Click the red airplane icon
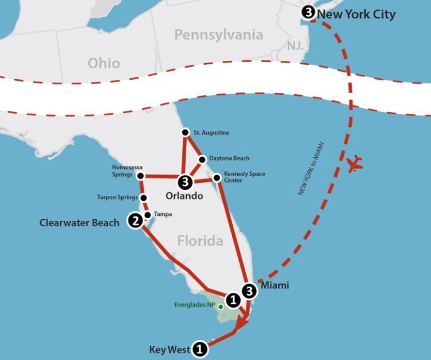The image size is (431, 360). (356, 163)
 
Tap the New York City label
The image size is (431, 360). (356, 14)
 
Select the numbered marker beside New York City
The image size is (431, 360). (309, 12)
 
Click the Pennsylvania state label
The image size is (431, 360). (219, 35)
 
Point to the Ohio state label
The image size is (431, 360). (104, 63)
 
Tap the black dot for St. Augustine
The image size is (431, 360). (185, 133)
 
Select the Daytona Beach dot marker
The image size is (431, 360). (202, 159)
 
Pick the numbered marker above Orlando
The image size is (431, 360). (184, 183)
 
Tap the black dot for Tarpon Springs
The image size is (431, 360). (143, 198)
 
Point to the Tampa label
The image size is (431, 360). (163, 214)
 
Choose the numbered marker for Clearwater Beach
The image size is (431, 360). (135, 220)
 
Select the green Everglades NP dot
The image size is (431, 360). (220, 306)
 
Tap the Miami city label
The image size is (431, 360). (275, 285)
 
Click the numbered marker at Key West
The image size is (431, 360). (199, 348)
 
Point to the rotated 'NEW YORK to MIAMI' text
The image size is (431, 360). (311, 167)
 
